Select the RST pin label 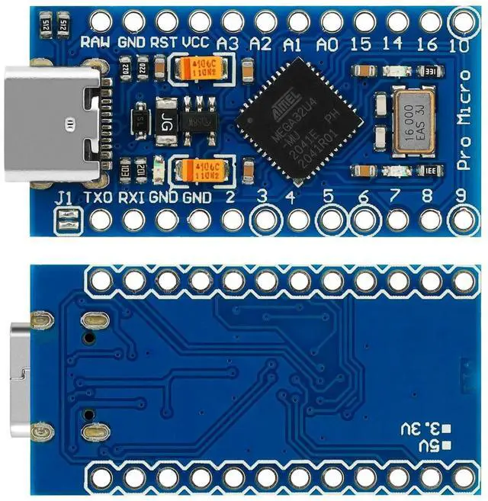tap(164, 42)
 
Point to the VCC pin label tap(197, 42)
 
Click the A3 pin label tap(229, 43)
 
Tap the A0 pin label tap(327, 43)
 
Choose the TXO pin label tap(98, 198)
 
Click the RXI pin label tap(131, 198)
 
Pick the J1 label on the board tap(64, 198)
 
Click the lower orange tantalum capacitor tap(197, 169)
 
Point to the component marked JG tap(167, 119)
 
